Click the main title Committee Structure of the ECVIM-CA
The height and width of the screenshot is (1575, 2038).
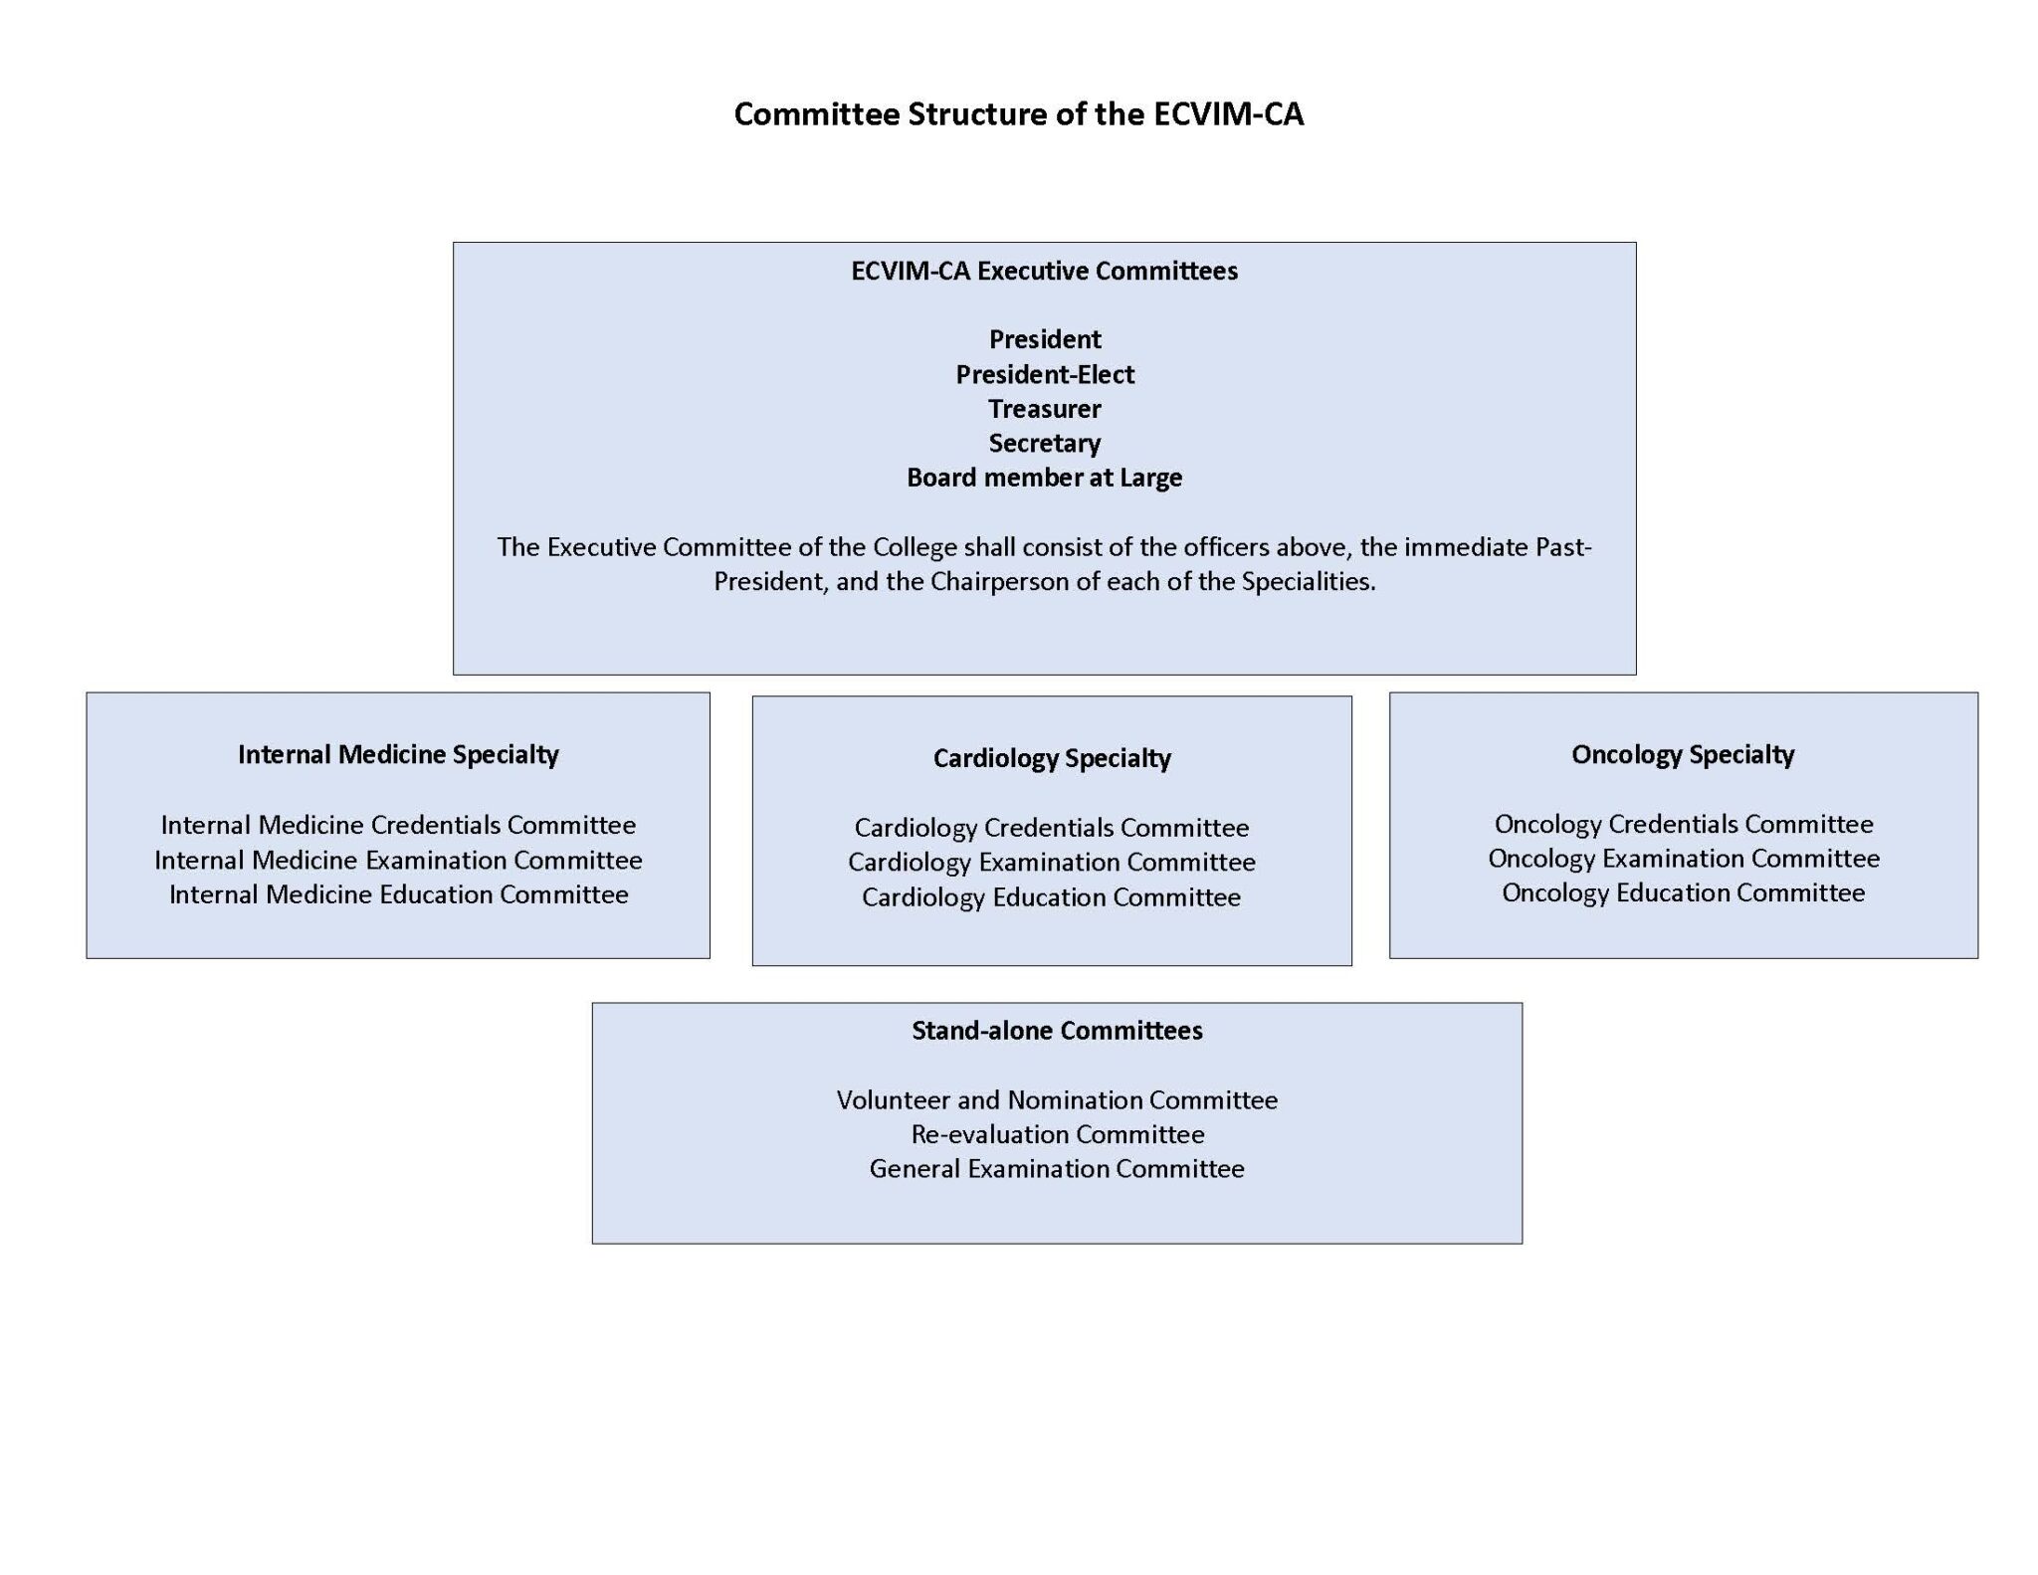(1018, 114)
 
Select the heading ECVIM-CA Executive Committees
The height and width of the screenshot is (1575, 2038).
(1044, 271)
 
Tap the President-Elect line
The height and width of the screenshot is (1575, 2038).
(1045, 374)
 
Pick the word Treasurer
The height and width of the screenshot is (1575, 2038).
(1045, 409)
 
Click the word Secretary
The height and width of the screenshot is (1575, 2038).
(1045, 444)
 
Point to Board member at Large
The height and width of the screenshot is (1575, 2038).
(1045, 478)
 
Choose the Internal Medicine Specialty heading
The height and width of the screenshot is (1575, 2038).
(398, 755)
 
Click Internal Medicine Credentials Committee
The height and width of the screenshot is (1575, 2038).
(398, 825)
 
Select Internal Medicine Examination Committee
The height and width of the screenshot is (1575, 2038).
(398, 860)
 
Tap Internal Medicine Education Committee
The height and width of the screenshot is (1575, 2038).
(398, 894)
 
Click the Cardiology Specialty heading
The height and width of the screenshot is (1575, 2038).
(1052, 759)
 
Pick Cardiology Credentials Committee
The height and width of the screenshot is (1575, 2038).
(1052, 828)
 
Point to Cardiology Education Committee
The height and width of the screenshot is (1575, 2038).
(1052, 897)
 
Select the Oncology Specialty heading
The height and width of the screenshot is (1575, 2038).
(1683, 755)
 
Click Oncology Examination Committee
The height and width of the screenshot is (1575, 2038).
(1684, 859)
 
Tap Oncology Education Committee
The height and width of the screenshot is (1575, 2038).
(1684, 892)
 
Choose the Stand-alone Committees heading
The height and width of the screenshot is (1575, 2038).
(1057, 1031)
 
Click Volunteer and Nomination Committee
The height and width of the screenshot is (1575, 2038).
(1057, 1099)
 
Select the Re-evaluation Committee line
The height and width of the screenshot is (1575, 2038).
(1057, 1134)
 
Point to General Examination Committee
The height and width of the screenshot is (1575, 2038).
(1057, 1168)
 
